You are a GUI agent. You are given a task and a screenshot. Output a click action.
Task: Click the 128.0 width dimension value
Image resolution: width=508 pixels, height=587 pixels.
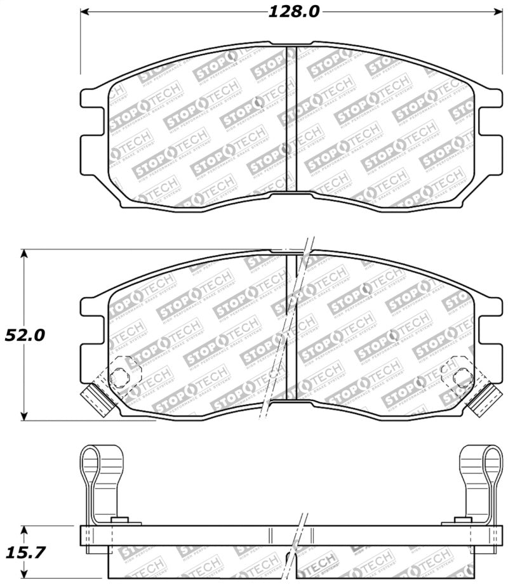point(293,11)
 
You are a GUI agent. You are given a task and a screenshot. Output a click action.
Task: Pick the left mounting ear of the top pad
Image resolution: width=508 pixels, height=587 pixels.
point(91,121)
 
